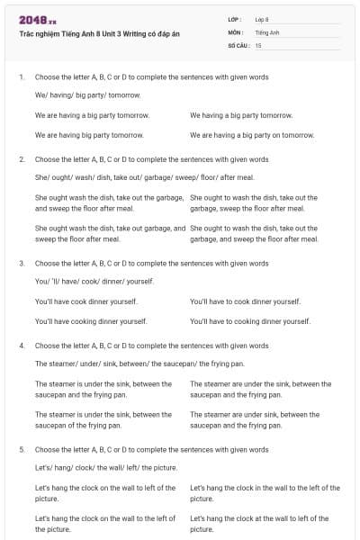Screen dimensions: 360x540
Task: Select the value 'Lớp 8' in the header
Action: click(262, 19)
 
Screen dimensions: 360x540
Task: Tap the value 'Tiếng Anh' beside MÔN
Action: click(267, 31)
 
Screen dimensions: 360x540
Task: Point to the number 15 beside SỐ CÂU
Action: click(258, 44)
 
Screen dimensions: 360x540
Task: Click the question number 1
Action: click(22, 77)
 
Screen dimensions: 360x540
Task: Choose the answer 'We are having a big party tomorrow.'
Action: click(92, 115)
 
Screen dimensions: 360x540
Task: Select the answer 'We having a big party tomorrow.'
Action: click(241, 115)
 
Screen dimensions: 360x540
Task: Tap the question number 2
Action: click(22, 158)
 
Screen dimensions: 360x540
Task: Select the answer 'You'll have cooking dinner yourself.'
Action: click(91, 320)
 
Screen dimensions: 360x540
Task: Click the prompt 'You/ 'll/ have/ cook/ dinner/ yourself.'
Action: click(94, 281)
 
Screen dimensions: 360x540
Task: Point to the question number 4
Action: click(22, 345)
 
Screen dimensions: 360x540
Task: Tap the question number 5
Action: click(22, 449)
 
